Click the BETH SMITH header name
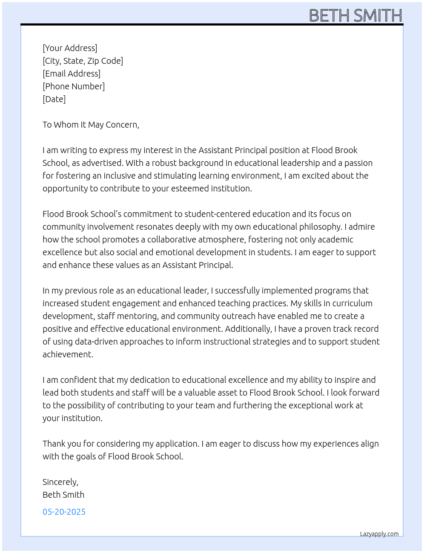click(355, 16)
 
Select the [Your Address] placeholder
click(70, 48)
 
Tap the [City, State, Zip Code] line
click(83, 61)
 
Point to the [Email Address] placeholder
click(72, 74)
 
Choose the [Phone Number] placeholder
click(74, 86)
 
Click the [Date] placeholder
click(54, 99)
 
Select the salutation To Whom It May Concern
click(91, 125)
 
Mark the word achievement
click(67, 354)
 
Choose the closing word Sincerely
click(60, 482)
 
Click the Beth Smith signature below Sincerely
click(63, 495)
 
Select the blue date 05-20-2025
click(64, 512)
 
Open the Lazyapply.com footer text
click(379, 534)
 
